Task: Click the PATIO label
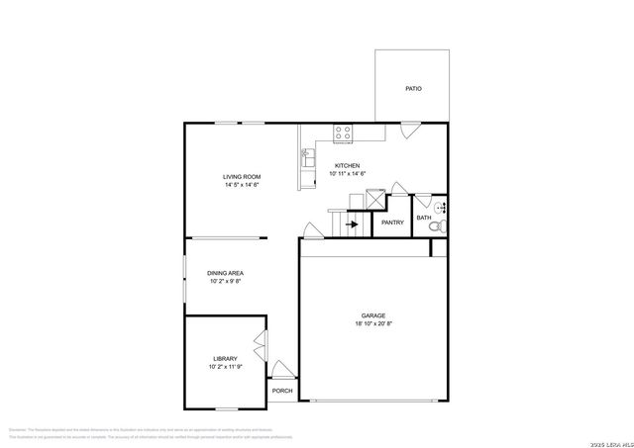pos(413,89)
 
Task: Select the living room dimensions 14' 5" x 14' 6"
pos(242,185)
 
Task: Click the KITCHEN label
pos(347,165)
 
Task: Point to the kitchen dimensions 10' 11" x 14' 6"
pos(348,173)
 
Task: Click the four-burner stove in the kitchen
pos(344,130)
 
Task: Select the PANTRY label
pos(392,223)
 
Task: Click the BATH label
pos(423,218)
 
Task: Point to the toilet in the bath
pos(435,228)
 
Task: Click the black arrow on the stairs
pos(352,224)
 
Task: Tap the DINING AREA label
pos(226,273)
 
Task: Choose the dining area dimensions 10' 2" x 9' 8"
pos(226,281)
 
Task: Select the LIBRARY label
pos(225,358)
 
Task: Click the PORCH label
pos(282,391)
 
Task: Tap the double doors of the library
pos(261,350)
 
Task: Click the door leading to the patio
pos(409,130)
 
